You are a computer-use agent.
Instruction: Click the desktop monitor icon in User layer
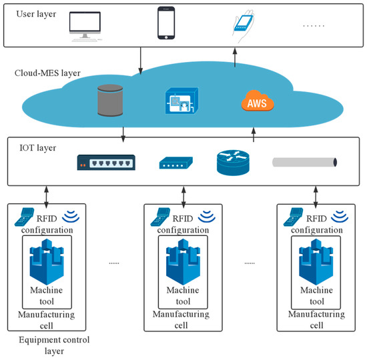[85, 26]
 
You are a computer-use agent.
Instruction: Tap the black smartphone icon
[166, 23]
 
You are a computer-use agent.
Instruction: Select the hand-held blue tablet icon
[244, 26]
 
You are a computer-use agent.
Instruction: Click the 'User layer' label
[36, 14]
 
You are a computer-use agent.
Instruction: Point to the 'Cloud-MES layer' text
[47, 73]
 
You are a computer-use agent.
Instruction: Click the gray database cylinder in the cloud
[110, 101]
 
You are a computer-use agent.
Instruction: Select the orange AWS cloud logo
[258, 101]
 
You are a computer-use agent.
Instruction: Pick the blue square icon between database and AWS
[182, 101]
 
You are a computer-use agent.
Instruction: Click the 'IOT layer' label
[37, 148]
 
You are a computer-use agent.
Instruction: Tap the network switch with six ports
[106, 163]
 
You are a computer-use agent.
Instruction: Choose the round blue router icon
[233, 163]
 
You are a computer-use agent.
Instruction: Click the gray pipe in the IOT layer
[304, 163]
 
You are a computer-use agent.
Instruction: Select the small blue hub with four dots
[175, 163]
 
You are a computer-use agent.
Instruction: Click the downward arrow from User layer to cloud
[140, 61]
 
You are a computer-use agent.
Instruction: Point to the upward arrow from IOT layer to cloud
[254, 135]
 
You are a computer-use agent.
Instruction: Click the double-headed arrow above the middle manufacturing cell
[183, 197]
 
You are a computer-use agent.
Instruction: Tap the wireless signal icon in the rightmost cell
[340, 217]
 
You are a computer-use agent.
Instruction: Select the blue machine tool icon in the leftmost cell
[47, 262]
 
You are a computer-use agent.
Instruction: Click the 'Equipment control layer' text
[54, 345]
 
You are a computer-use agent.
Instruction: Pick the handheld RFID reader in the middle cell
[160, 217]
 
